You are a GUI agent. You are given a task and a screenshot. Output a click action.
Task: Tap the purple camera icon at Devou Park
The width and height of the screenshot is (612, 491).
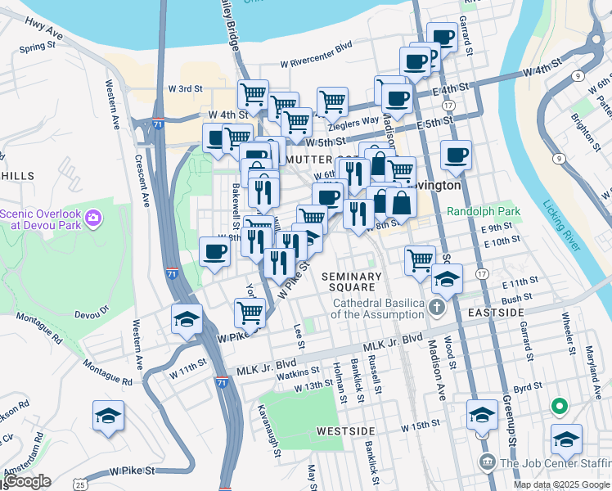tap(94, 218)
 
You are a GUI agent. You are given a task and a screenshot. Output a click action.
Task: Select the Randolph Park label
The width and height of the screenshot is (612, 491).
tap(484, 211)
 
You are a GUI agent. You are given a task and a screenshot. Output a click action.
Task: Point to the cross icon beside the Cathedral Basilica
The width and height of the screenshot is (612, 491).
tap(437, 309)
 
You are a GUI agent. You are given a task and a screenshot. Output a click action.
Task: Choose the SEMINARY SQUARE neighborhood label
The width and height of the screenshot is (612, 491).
tap(351, 282)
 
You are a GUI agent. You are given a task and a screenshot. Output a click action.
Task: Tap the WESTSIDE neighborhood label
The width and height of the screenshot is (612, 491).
tap(345, 430)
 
